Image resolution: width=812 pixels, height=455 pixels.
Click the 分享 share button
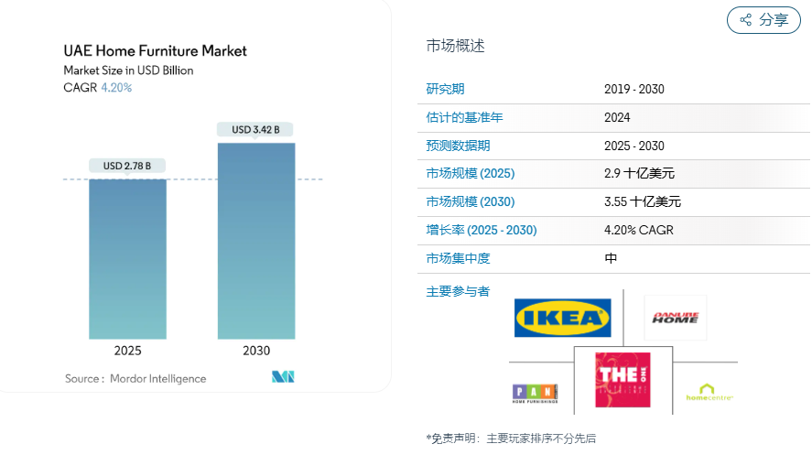[763, 20]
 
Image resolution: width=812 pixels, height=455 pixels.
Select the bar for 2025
[127, 258]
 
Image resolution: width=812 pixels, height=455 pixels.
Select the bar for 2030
[256, 240]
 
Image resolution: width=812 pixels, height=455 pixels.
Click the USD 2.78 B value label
[127, 166]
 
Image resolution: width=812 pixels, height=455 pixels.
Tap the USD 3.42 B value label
[256, 129]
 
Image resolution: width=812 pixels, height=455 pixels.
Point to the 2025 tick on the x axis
[127, 351]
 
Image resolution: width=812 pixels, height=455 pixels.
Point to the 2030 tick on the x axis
[256, 351]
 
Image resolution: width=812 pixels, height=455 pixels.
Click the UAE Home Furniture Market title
[155, 51]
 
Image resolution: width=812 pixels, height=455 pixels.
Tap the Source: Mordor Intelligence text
[135, 378]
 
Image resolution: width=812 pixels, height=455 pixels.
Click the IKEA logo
[562, 318]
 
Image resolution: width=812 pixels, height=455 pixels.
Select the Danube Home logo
[675, 318]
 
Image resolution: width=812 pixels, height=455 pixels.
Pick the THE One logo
[623, 380]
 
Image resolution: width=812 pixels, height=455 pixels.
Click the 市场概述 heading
[456, 46]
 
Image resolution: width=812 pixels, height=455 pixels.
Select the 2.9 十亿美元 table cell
[639, 174]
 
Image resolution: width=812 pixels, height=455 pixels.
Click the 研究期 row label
[445, 89]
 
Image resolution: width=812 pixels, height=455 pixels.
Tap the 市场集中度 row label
[458, 259]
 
